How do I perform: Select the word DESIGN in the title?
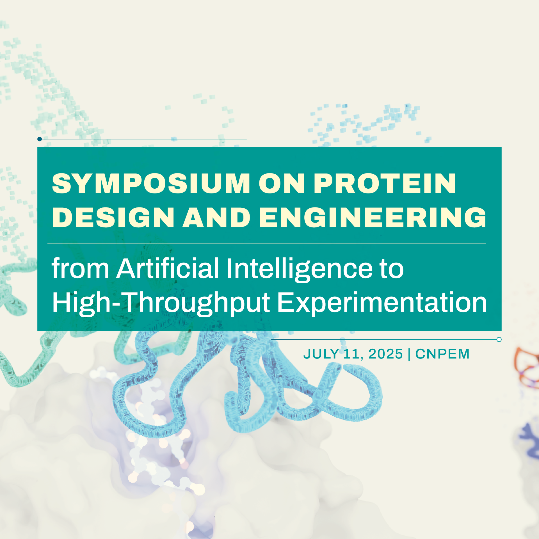113,217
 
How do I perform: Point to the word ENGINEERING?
373,217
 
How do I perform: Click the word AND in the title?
216,217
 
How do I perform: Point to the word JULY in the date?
321,354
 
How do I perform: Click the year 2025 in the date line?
386,354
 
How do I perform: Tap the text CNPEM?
442,354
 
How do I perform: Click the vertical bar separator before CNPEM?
409,354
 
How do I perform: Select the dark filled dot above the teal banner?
40,139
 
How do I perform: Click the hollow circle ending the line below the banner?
499,339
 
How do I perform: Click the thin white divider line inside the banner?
267,243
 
